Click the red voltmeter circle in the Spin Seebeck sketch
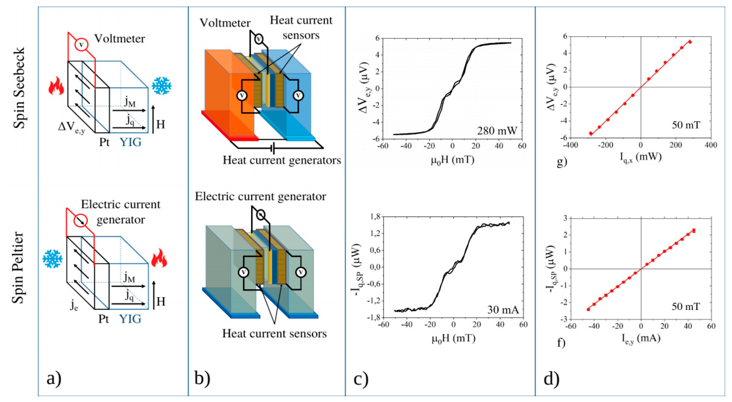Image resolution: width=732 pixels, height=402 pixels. [81, 45]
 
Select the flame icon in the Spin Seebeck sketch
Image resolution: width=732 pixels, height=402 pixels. [56, 86]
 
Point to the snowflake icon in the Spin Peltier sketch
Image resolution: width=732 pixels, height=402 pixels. [52, 259]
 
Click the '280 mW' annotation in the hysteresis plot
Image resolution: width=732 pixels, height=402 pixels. [497, 130]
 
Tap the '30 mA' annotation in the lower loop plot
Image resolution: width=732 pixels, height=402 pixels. [503, 309]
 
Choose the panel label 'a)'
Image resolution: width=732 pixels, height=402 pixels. [54, 379]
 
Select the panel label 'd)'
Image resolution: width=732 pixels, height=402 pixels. [551, 379]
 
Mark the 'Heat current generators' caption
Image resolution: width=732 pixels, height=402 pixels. [282, 160]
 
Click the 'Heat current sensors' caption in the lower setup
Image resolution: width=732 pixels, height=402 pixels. [274, 333]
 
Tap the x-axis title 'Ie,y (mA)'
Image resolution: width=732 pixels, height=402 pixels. [641, 338]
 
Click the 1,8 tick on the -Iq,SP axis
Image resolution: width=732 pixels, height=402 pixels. [375, 217]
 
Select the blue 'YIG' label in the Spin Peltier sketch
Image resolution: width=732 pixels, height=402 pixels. [130, 319]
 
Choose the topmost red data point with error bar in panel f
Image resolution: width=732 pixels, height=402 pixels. [694, 231]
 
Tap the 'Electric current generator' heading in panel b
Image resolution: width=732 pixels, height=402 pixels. [260, 196]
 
